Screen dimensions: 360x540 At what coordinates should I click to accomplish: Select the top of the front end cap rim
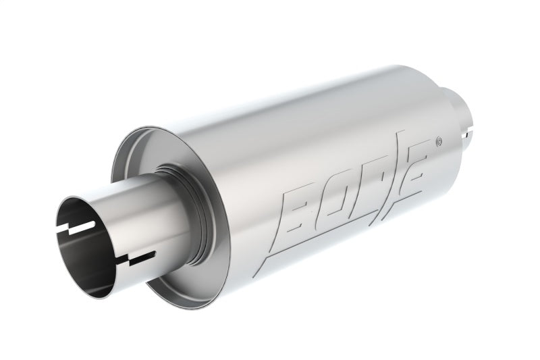[135, 132]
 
